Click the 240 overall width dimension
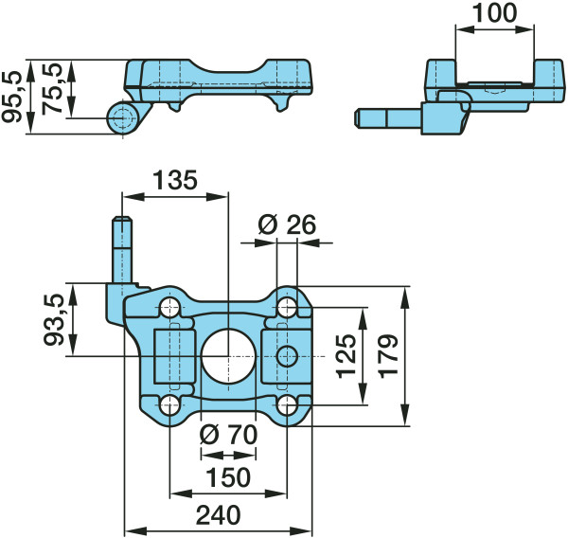point(218,514)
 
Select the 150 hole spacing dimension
point(228,477)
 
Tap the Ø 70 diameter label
point(228,435)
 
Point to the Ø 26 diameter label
point(287,224)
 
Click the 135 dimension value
point(175,180)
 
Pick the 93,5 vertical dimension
point(54,319)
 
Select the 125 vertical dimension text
point(346,356)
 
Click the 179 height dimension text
point(389,356)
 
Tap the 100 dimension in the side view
point(495,12)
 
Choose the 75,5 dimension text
point(51,89)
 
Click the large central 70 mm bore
point(228,356)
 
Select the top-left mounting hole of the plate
point(169,308)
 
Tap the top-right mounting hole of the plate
point(287,308)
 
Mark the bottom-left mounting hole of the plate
point(169,405)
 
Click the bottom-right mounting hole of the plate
point(287,405)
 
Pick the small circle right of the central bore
point(287,356)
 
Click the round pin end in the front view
point(123,117)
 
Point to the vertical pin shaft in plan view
point(123,250)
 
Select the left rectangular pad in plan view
point(175,356)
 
